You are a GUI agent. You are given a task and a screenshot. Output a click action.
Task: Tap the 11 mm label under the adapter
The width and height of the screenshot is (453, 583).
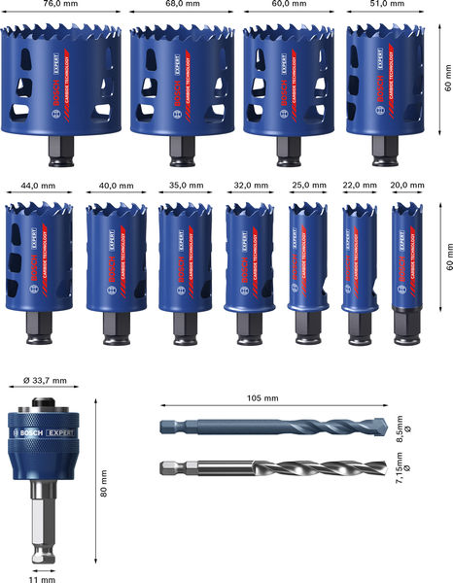43,578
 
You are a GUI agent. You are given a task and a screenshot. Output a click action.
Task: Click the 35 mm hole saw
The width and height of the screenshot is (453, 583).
185,257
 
